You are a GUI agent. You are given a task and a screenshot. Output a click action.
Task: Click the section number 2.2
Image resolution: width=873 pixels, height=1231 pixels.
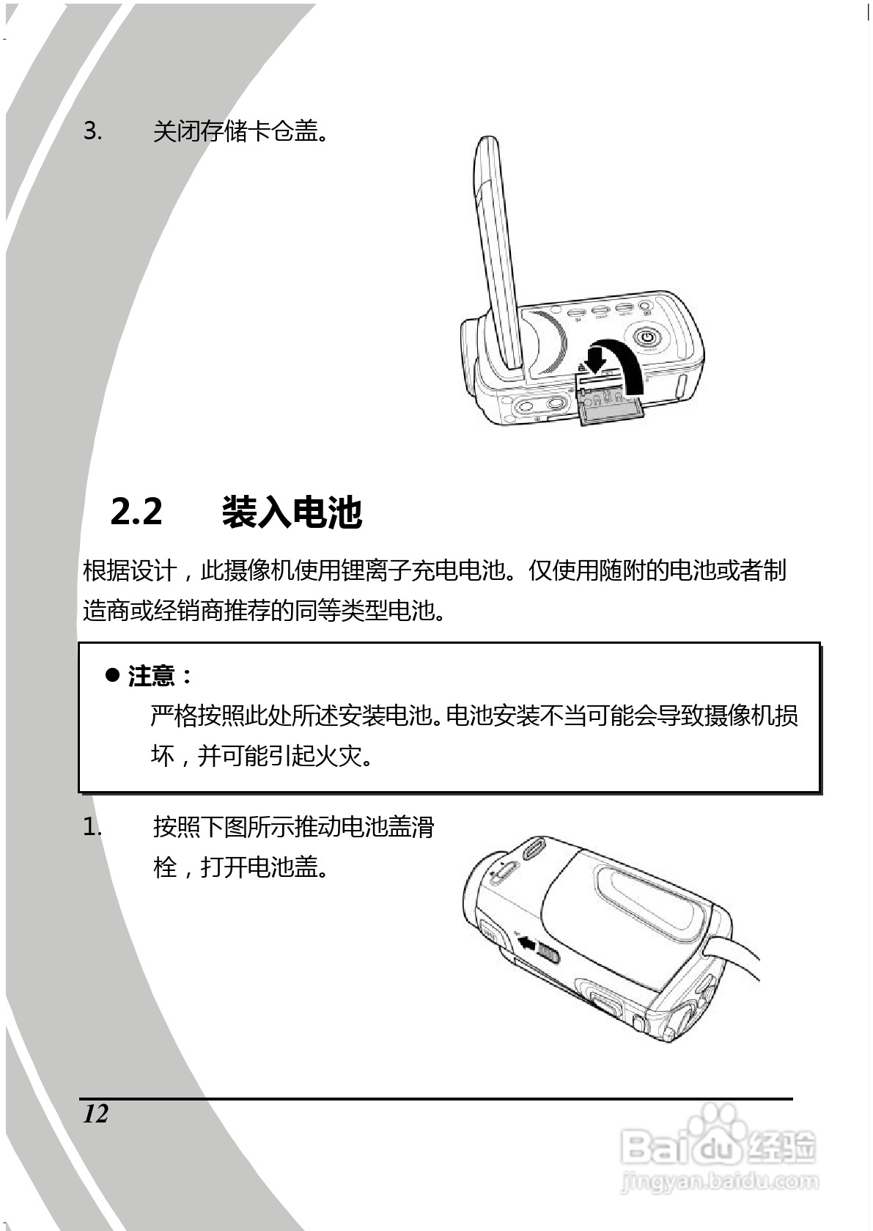[136, 511]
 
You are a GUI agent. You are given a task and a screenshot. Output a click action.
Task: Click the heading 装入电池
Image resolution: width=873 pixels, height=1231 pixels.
[292, 511]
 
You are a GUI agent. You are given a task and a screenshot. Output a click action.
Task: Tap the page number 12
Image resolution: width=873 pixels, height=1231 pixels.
[95, 1114]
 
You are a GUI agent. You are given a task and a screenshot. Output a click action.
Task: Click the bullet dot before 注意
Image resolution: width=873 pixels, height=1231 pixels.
[112, 675]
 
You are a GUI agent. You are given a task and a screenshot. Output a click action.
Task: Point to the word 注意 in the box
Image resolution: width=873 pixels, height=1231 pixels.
[152, 675]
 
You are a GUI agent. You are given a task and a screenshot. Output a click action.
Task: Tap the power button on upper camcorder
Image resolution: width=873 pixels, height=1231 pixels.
[646, 338]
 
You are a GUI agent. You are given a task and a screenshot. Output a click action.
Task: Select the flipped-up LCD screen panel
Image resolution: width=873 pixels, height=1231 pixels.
[498, 249]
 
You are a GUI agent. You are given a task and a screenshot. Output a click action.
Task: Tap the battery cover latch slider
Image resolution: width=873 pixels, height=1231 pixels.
[548, 952]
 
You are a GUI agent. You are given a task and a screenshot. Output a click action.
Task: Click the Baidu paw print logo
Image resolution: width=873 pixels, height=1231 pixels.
[715, 1122]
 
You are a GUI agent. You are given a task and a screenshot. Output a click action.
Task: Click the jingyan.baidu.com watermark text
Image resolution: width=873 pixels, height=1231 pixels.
[718, 1181]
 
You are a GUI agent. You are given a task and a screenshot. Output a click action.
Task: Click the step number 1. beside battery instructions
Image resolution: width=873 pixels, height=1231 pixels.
[92, 828]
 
